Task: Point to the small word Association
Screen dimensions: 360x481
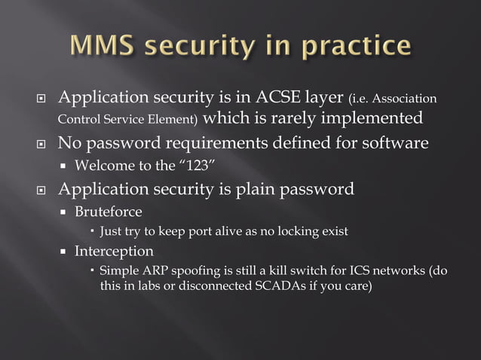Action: [x=404, y=99]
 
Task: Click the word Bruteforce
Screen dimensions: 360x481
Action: [x=108, y=212]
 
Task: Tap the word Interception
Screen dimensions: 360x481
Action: [x=114, y=251]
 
